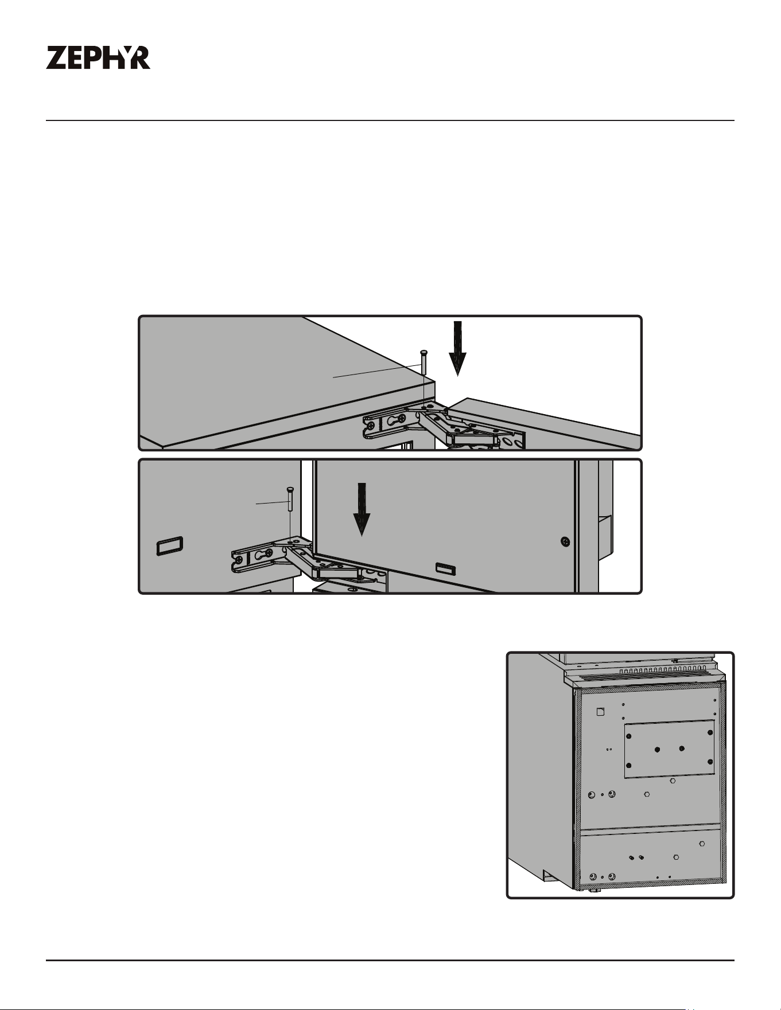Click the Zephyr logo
[x=98, y=58]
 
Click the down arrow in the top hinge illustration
[x=457, y=348]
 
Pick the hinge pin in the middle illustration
[x=290, y=499]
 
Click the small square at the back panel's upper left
[x=601, y=711]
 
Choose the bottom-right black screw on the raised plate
[x=710, y=762]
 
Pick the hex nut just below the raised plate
[x=673, y=781]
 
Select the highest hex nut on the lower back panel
[x=702, y=844]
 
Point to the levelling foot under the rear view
[x=591, y=891]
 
